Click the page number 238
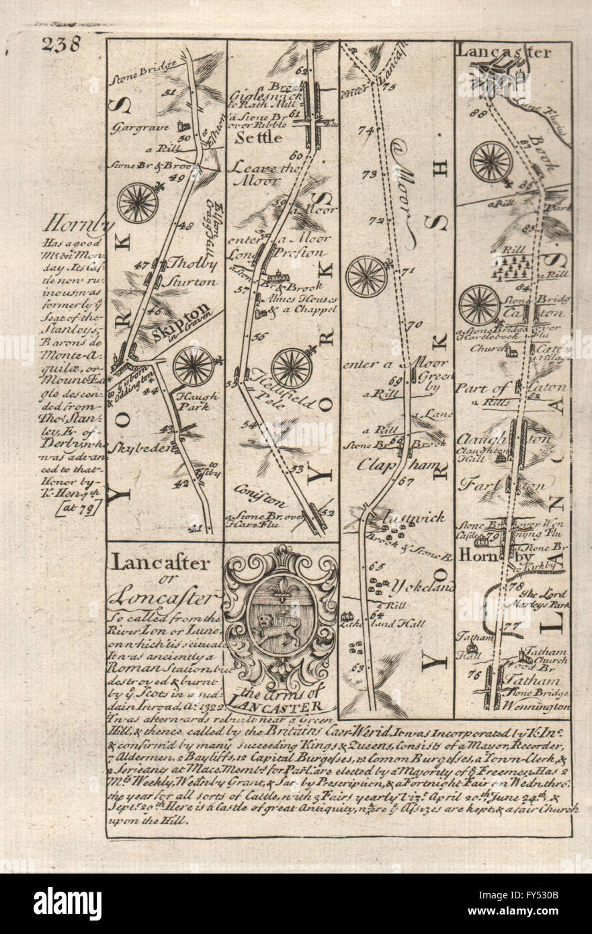[61, 44]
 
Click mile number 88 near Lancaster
[479, 114]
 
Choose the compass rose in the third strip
[366, 276]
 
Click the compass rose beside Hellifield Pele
[291, 368]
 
